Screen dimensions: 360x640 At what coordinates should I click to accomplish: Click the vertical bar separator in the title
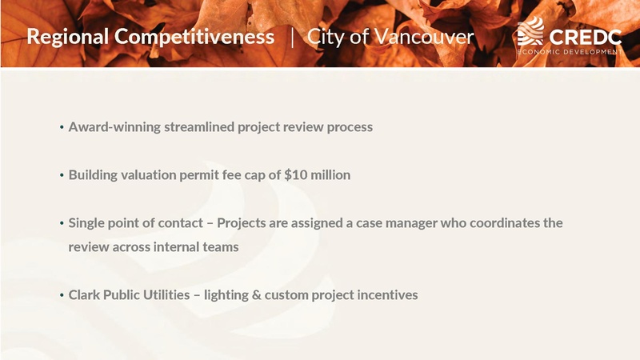[291, 37]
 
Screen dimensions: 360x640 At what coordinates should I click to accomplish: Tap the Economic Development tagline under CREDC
[569, 51]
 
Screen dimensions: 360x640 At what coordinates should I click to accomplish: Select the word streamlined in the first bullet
[198, 126]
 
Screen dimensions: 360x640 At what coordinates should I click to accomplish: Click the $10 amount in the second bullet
[298, 174]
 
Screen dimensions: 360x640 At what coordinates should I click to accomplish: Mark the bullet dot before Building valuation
[62, 175]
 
